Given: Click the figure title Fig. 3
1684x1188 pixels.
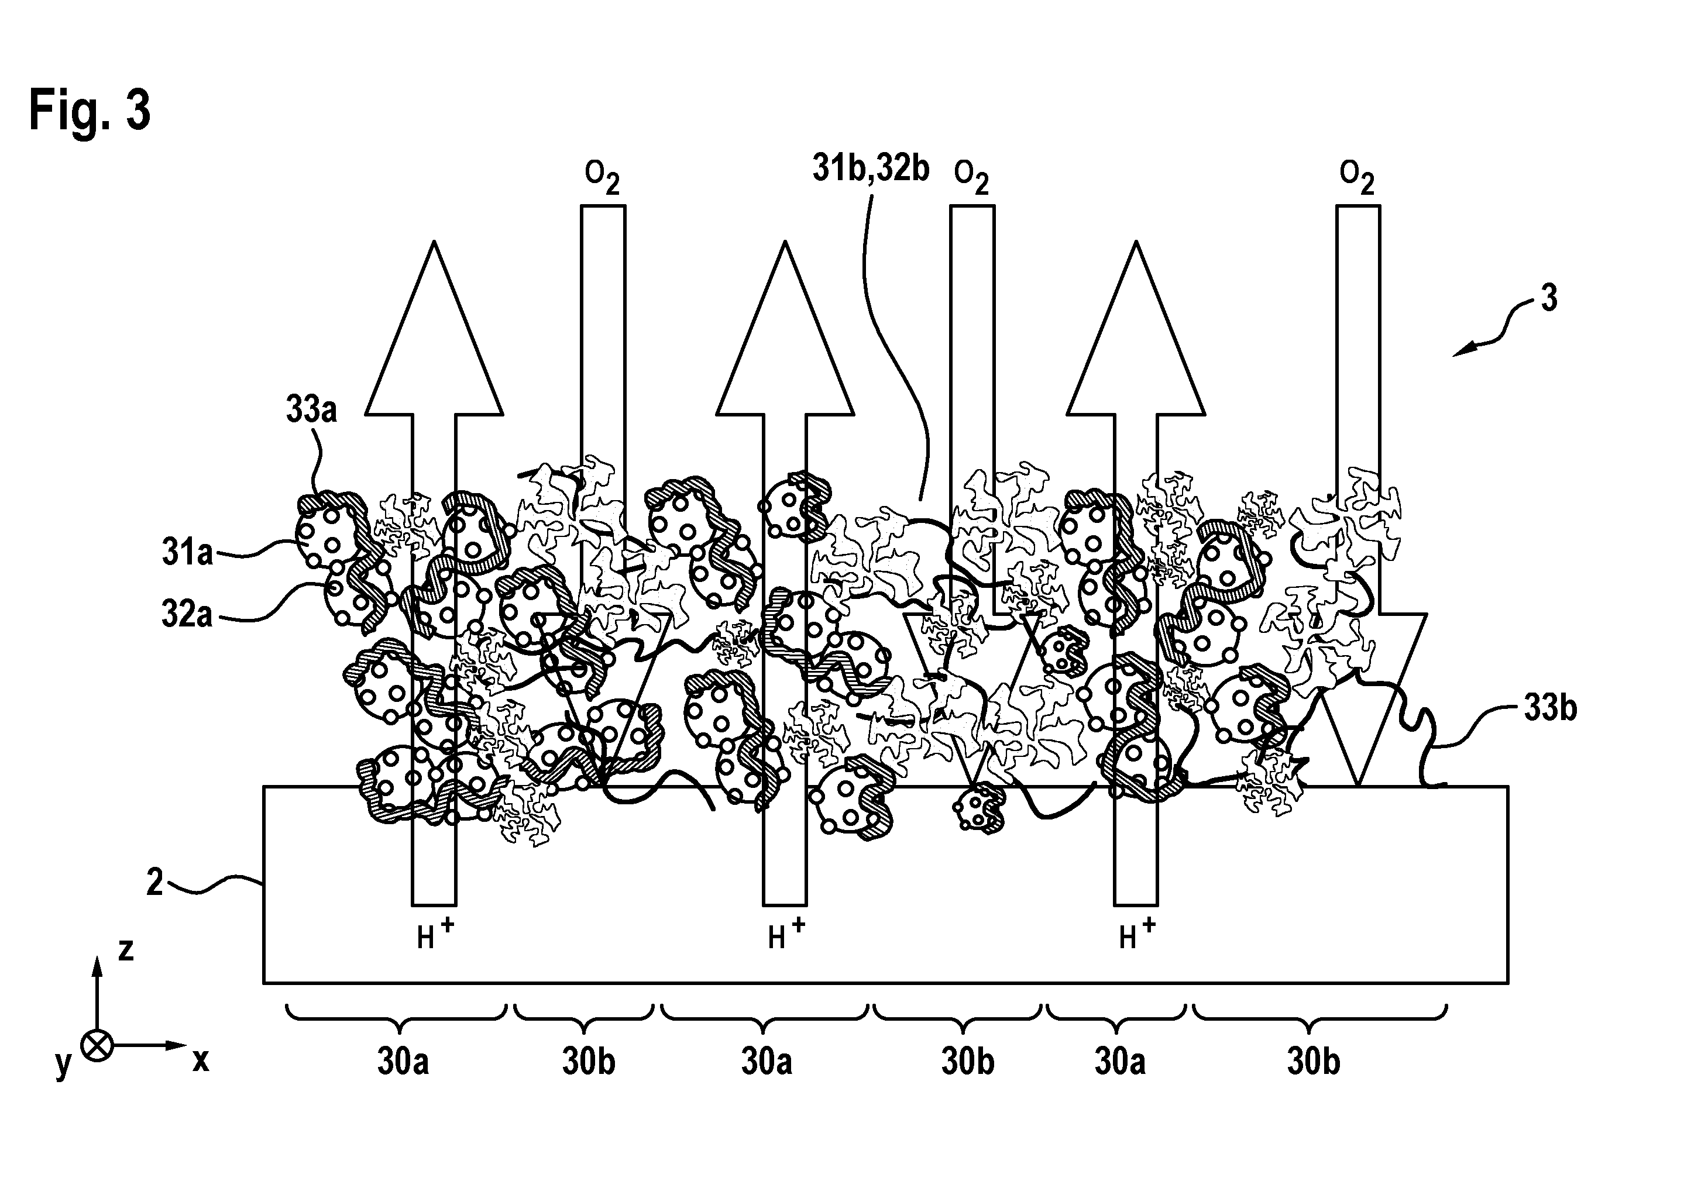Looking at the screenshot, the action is click(90, 110).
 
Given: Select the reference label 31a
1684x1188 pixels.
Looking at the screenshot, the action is click(187, 552).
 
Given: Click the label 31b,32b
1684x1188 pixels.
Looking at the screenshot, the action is click(871, 168).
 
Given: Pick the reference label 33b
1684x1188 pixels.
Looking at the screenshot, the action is click(1551, 708).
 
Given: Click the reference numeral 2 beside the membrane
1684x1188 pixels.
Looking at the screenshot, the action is click(154, 883).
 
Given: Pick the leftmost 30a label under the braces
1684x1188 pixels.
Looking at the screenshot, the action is click(403, 1063).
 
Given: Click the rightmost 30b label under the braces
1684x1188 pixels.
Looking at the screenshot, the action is click(1314, 1063).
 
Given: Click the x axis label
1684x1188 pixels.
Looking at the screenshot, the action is click(201, 1060).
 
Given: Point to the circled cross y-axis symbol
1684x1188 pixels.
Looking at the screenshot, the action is click(96, 1046).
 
